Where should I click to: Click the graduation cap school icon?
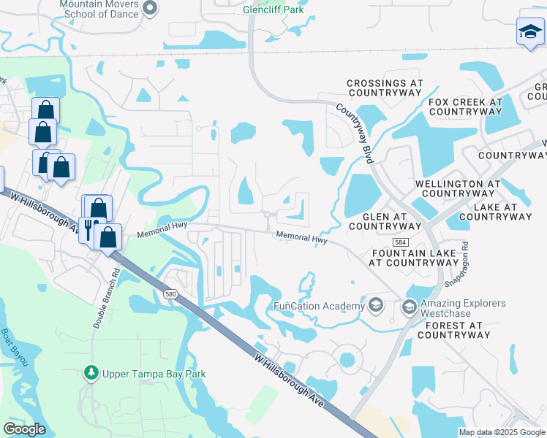pyautogui.click(x=530, y=32)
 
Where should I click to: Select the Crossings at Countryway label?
pyautogui.click(x=385, y=88)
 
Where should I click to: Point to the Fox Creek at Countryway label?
pyautogui.click(x=466, y=107)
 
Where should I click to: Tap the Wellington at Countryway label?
pyautogui.click(x=458, y=189)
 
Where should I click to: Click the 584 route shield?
pyautogui.click(x=420, y=241)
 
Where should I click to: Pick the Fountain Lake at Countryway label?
pyautogui.click(x=415, y=256)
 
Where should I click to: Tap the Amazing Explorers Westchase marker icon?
pyautogui.click(x=408, y=306)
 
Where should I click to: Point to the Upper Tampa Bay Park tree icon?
pyautogui.click(x=91, y=374)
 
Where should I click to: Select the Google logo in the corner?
pyautogui.click(x=24, y=429)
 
